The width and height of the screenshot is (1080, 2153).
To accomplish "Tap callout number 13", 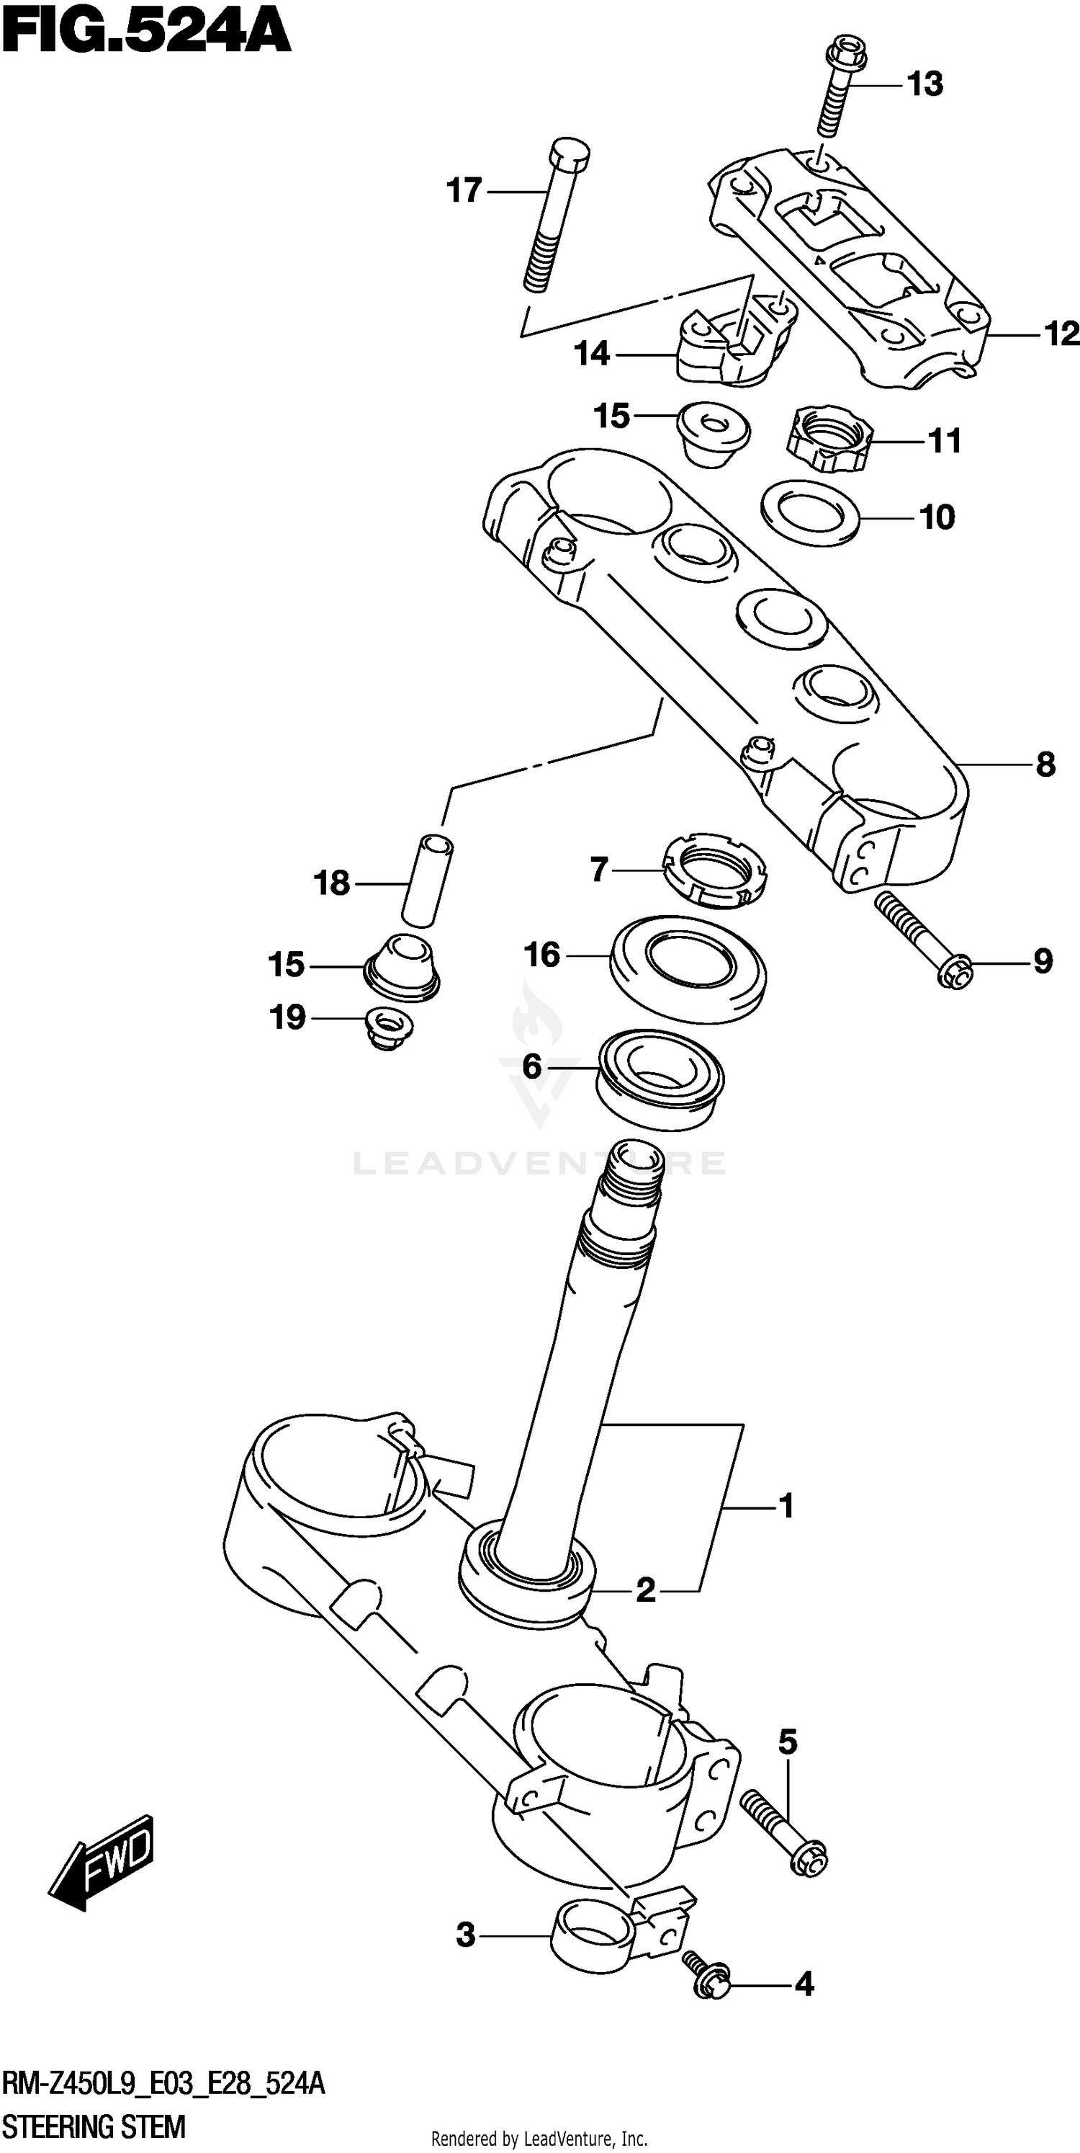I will point(924,84).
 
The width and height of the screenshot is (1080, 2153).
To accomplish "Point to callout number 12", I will point(1061,335).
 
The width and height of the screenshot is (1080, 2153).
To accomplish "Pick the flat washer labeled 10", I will point(810,512).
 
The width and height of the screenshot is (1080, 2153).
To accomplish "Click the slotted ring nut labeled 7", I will point(714,873).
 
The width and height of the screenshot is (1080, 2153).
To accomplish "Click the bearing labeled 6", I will point(660,1079).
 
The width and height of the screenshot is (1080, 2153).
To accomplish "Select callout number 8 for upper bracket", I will point(1045,765).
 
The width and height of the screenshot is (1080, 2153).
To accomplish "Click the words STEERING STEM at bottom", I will point(94,2126).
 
